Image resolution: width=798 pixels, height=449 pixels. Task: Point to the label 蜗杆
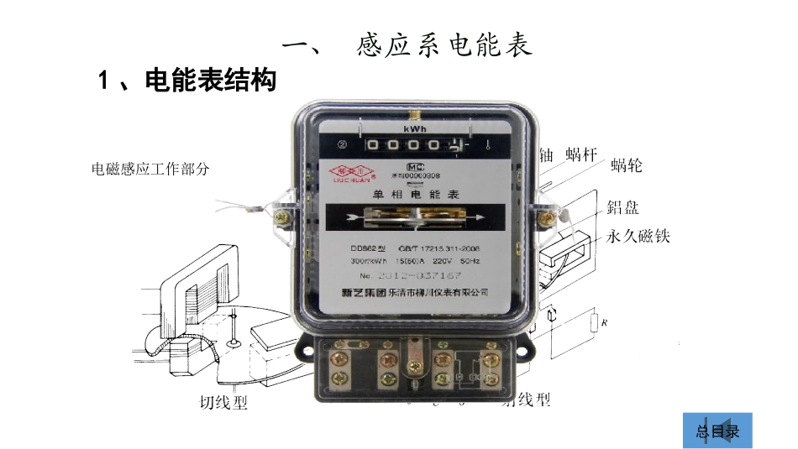tap(580, 154)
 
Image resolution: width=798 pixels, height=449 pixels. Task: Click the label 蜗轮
tap(626, 165)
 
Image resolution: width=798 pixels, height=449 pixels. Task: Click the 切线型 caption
tap(224, 402)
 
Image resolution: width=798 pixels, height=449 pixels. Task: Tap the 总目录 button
tap(717, 432)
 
